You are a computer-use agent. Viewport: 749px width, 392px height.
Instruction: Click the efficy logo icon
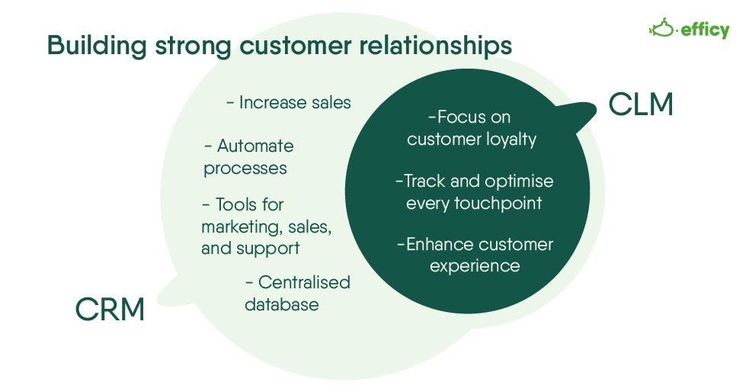pos(662,29)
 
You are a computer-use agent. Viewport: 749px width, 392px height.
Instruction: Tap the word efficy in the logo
pos(705,30)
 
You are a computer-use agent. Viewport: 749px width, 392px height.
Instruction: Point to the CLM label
pos(641,104)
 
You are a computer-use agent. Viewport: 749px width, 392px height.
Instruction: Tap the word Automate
pos(255,146)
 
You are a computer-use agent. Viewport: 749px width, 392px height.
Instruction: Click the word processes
pos(245,168)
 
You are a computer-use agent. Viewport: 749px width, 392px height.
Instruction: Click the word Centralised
pos(304,282)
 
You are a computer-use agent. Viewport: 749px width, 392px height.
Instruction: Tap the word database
pos(281,304)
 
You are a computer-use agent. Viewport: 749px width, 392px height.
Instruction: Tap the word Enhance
pos(440,245)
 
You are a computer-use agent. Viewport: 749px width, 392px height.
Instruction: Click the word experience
pos(475,265)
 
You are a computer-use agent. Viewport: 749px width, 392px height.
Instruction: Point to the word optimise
pos(521,182)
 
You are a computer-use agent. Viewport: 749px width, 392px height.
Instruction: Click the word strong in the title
pos(193,46)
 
